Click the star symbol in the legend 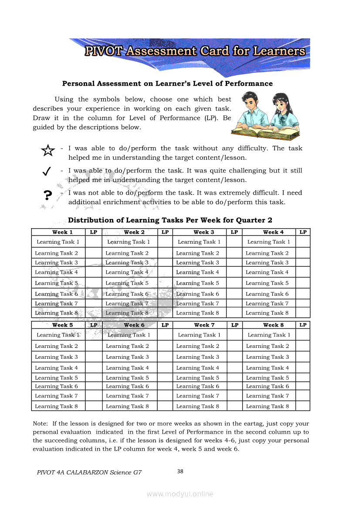point(48,151)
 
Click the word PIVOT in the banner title point(104,51)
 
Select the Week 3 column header point(204,232)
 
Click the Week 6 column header point(134,325)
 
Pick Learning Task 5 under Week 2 point(127,283)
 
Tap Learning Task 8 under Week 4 point(267,313)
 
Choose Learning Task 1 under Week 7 point(199,335)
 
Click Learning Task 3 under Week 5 point(57,357)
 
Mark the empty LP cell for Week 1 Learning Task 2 point(94,253)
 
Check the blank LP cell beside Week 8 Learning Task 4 point(303,367)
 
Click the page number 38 point(180,471)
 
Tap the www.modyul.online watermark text point(180,494)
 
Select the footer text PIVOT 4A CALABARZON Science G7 point(89,472)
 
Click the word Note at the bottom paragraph point(41,423)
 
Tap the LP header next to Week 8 point(303,325)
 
